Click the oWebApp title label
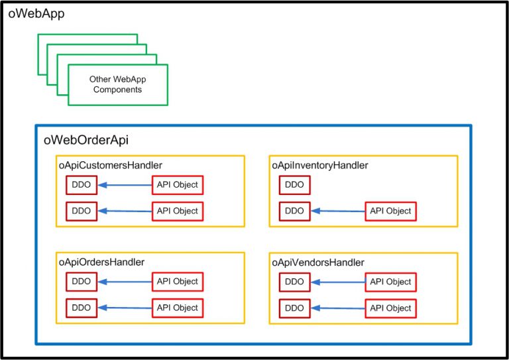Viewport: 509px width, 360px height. click(36, 13)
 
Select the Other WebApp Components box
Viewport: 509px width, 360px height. click(117, 84)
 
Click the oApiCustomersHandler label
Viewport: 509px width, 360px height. click(111, 165)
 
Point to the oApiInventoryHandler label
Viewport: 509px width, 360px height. click(320, 165)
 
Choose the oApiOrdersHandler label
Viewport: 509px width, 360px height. click(102, 263)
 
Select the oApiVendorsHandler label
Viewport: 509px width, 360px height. click(318, 263)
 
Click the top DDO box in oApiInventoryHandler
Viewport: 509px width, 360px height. click(294, 185)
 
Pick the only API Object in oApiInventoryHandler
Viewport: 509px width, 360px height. click(390, 211)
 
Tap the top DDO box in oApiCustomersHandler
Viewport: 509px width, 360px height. click(81, 185)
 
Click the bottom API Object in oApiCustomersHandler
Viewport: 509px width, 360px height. click(177, 211)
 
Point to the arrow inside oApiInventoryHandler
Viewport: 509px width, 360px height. click(338, 211)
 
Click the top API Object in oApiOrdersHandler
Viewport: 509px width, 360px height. click(177, 282)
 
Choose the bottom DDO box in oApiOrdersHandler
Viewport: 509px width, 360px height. click(81, 308)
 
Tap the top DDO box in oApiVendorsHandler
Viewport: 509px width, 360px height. click(294, 282)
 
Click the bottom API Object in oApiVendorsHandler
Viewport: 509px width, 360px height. click(390, 308)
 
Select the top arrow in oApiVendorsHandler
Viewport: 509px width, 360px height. click(338, 282)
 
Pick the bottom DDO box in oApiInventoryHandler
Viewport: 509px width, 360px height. click(294, 211)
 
